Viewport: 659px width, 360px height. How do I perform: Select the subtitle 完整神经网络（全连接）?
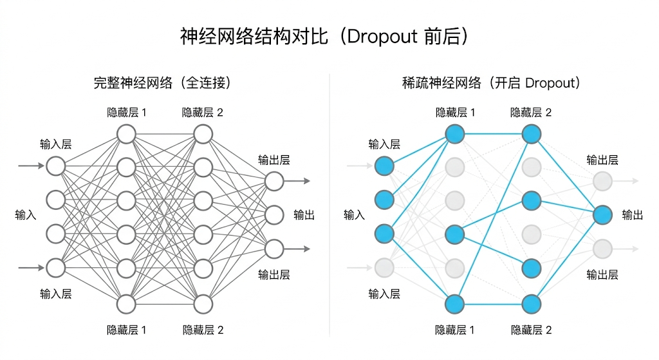point(162,83)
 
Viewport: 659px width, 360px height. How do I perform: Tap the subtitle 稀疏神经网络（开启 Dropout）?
point(490,83)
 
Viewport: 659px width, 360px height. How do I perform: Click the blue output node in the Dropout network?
point(602,214)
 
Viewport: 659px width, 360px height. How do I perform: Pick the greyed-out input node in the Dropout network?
point(384,267)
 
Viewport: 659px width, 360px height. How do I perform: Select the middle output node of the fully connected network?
point(274,214)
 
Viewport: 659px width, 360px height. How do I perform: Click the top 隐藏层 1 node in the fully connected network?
point(126,135)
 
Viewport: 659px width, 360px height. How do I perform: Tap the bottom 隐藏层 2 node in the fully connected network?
point(203,303)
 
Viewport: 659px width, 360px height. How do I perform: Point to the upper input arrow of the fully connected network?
point(32,166)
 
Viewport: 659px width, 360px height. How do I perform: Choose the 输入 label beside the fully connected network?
point(26,215)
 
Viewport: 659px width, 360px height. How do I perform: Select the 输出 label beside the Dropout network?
point(633,215)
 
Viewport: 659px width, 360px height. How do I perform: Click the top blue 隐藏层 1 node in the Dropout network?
point(455,135)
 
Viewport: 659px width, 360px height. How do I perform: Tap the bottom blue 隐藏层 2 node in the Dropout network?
point(531,303)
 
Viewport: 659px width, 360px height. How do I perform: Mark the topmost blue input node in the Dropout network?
point(384,166)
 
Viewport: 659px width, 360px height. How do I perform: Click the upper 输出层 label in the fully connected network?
point(274,160)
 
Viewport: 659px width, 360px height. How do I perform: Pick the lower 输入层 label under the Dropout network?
point(384,294)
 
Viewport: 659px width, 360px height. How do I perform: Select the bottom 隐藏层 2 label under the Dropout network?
point(531,330)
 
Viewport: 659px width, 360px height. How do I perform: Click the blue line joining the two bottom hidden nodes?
point(493,303)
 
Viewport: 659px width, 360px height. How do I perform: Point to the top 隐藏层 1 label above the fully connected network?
point(126,113)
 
